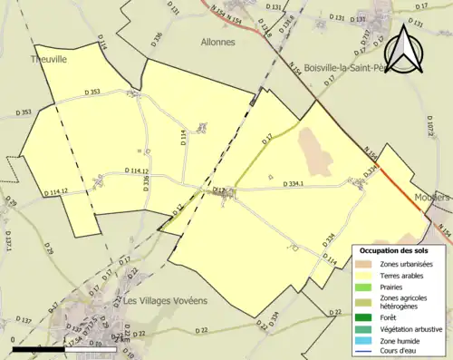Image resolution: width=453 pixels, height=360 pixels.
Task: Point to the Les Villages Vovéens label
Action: coord(165,300)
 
